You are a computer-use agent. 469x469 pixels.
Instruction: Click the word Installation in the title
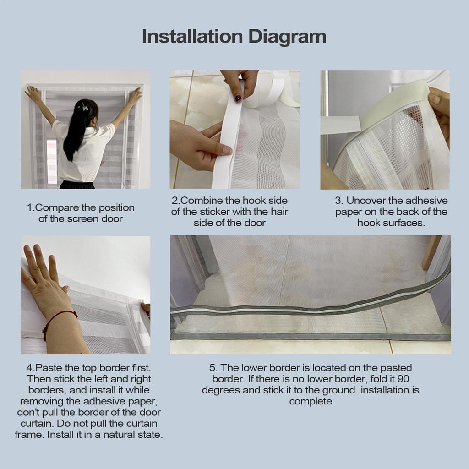[192, 37]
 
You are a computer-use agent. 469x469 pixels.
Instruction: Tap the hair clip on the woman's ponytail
[85, 107]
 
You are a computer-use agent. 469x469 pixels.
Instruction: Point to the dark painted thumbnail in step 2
[238, 98]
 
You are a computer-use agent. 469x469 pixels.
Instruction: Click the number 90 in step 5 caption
[403, 379]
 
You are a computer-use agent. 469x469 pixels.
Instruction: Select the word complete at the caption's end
[311, 402]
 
